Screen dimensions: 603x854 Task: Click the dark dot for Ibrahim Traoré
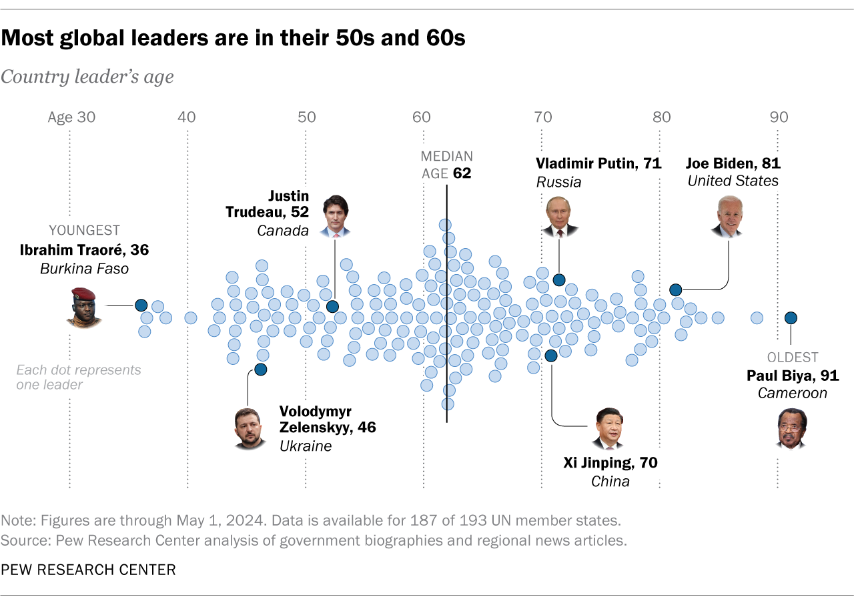tap(141, 306)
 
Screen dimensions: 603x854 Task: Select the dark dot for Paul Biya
tap(791, 318)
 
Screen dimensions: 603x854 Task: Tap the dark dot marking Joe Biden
tap(675, 289)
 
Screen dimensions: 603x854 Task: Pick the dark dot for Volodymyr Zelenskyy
tap(261, 370)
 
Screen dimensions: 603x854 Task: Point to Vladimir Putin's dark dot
tap(559, 279)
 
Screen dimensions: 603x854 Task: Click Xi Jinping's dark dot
tap(551, 356)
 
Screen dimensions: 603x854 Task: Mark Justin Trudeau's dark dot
tap(332, 306)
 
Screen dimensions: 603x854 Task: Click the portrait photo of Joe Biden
tap(728, 216)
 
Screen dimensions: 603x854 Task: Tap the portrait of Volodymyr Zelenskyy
tap(249, 428)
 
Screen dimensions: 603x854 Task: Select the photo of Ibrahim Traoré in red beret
tap(84, 307)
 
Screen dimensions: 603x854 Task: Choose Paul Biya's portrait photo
tap(791, 428)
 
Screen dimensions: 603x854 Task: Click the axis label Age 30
tap(71, 118)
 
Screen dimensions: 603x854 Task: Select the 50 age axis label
tap(306, 118)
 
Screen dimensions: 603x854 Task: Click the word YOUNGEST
tap(84, 231)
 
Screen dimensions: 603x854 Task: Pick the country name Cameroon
tap(792, 393)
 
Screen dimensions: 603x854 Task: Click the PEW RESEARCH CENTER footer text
tap(88, 569)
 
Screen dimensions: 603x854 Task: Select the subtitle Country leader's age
tap(87, 77)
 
